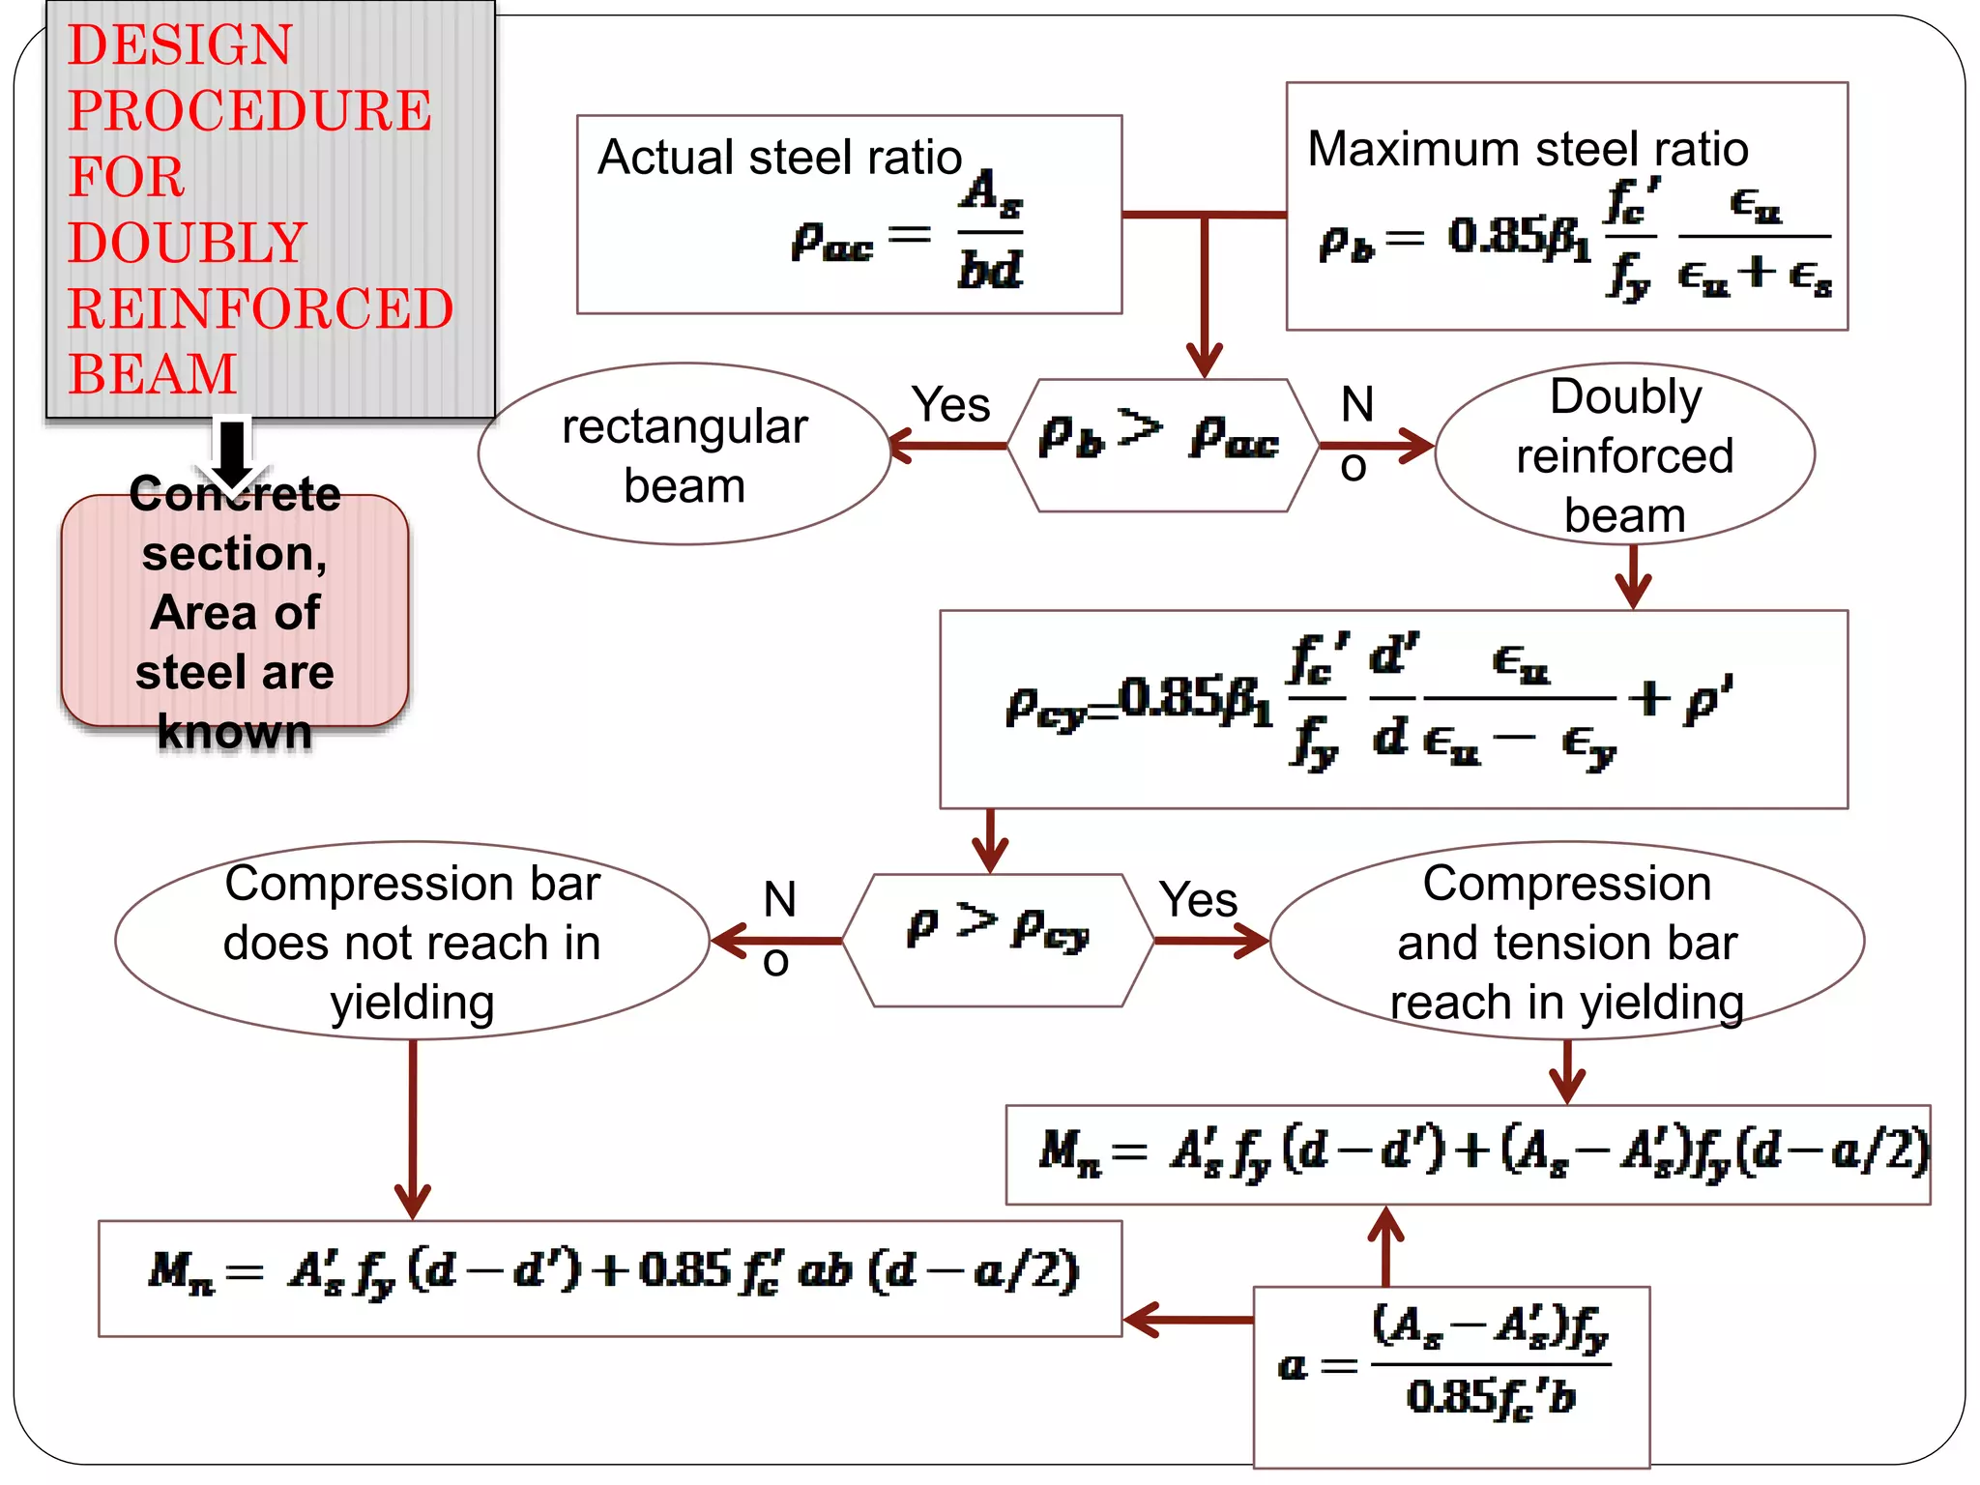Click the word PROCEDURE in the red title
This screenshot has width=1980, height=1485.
[249, 110]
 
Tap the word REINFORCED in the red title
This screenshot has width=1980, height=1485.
[260, 308]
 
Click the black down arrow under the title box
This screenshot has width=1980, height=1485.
[232, 453]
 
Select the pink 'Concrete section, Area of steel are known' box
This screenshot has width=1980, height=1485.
[235, 611]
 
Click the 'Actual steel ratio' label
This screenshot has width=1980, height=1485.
[779, 157]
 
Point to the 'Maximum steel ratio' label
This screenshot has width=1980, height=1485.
[1528, 149]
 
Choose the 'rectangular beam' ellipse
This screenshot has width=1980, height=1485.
[684, 454]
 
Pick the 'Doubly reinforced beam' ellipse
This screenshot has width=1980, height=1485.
[1624, 454]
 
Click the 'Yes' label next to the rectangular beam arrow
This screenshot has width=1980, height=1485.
[951, 404]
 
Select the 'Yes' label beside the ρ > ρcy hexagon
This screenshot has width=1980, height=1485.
[1198, 899]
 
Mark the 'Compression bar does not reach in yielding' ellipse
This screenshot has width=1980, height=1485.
[413, 941]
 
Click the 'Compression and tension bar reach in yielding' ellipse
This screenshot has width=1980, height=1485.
[1566, 941]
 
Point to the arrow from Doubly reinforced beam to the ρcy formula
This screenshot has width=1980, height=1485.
[1633, 576]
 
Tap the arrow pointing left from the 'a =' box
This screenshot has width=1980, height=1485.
[1188, 1320]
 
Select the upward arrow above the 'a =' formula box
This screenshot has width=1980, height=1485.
[1385, 1246]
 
